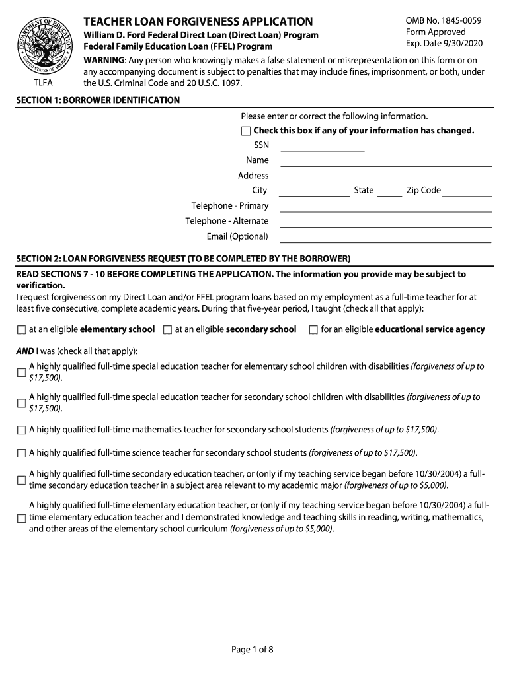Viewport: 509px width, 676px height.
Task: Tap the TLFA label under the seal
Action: pos(44,83)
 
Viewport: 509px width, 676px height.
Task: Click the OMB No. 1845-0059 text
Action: pos(443,20)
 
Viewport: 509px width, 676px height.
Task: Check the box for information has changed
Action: pos(246,131)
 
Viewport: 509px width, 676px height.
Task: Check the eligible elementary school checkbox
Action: pos(21,330)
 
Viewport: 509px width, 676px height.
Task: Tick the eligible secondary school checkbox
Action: pos(167,330)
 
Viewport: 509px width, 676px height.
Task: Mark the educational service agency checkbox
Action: pos(313,330)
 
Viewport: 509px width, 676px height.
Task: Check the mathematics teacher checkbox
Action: pos(21,430)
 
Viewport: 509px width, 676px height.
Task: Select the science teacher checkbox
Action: pos(21,454)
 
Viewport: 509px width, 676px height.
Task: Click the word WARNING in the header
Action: pos(102,60)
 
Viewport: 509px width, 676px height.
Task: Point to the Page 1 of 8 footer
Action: pos(253,650)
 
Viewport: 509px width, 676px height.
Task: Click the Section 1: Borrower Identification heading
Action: pos(98,100)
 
